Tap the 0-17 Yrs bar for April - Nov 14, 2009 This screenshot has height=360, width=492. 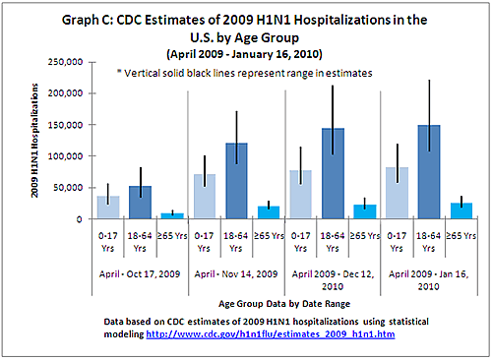pos(205,197)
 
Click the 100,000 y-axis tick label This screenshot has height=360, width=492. pos(64,155)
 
